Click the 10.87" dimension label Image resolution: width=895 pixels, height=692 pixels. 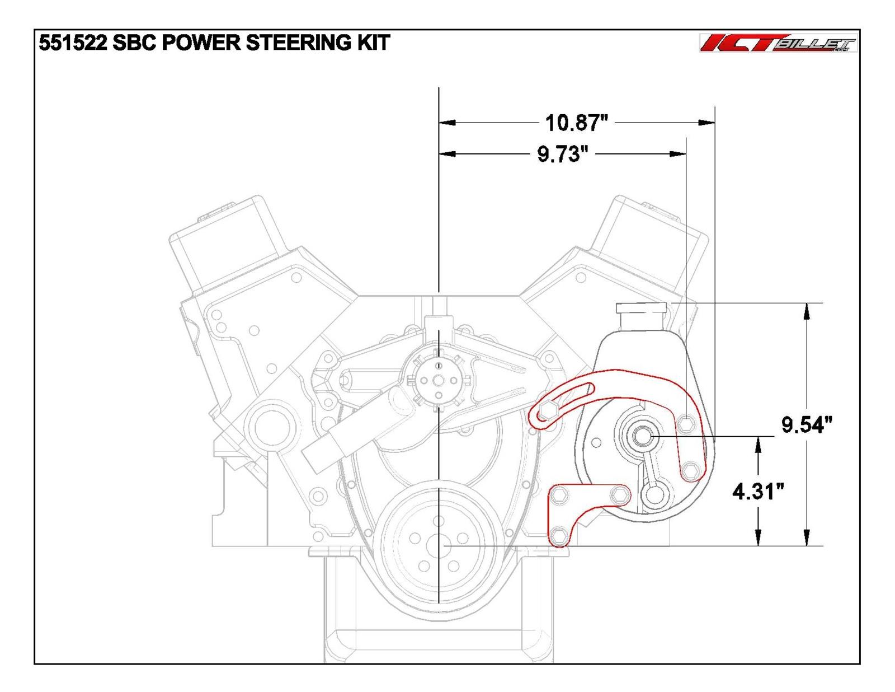[576, 122]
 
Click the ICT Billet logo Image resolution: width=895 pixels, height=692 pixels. [778, 44]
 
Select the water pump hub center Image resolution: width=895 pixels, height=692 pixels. [439, 380]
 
